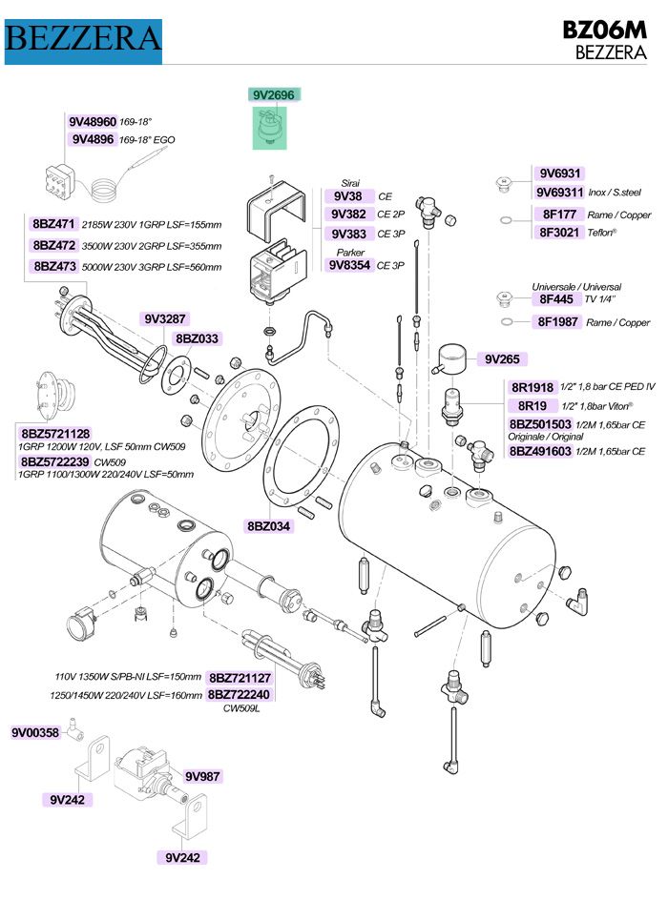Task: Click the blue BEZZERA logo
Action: click(83, 38)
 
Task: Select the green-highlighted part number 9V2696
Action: click(274, 94)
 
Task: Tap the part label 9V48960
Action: click(93, 122)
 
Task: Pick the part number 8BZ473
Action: click(53, 266)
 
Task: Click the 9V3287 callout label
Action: click(165, 318)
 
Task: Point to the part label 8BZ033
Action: click(197, 338)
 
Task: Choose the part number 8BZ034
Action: click(269, 525)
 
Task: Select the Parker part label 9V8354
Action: click(349, 265)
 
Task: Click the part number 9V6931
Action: click(559, 174)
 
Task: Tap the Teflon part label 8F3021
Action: click(559, 232)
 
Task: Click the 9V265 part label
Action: click(500, 359)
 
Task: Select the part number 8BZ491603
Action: click(539, 451)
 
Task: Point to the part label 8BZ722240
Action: click(240, 695)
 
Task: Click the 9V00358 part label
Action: click(35, 733)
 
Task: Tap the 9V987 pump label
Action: click(202, 776)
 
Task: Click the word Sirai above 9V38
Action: click(350, 182)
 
